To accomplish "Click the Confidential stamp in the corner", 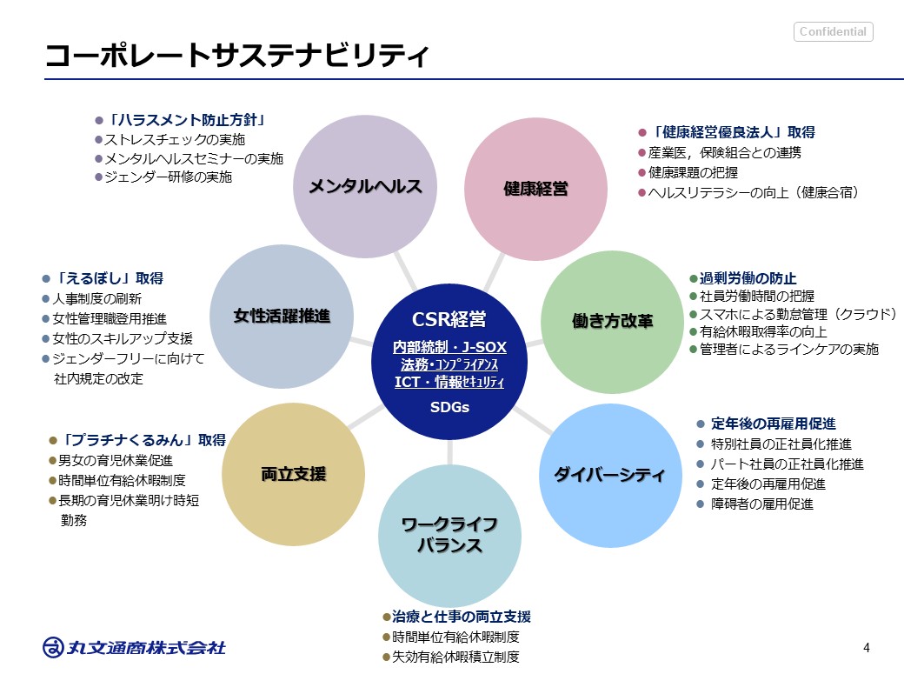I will pos(833,32).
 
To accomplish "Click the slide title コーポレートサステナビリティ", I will pos(237,57).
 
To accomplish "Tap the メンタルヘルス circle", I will pos(365,186).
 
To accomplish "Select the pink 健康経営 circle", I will pos(536,187).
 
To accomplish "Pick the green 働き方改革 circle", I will pos(613,320).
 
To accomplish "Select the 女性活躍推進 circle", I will pos(282,316).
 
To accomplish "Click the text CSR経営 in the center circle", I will pos(449,320).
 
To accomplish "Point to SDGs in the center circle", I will pos(449,406).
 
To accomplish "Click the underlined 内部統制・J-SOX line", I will pos(449,347).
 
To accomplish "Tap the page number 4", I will pos(867,648).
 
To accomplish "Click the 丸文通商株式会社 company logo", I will pos(135,647).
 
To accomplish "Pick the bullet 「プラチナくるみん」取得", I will pos(142,440).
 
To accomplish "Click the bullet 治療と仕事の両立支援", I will pos(461,617).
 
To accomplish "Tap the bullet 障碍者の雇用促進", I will pos(762,504).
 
